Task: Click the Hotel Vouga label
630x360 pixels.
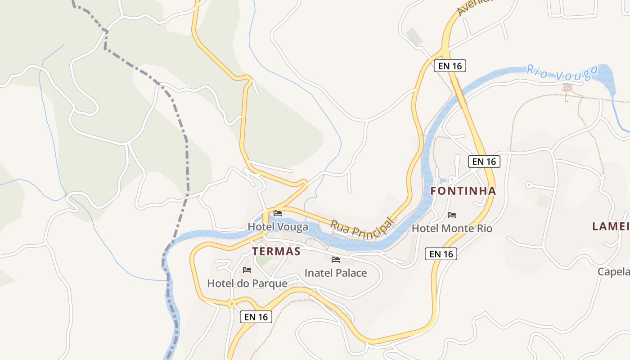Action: coord(278,227)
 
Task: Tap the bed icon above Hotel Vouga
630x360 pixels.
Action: coord(278,213)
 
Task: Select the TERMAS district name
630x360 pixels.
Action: coord(276,251)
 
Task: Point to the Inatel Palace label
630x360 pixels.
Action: coord(336,273)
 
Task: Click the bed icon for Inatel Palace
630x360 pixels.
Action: coord(335,259)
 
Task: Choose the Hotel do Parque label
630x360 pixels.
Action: coord(247,283)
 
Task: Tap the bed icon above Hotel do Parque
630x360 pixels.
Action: coord(247,270)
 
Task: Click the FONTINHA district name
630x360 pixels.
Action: coord(463,191)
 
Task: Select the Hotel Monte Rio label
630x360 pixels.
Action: coord(452,228)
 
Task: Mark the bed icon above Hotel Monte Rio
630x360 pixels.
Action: coord(452,215)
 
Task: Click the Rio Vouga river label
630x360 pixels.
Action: coord(562,73)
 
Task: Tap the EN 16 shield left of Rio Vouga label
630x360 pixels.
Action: coord(450,66)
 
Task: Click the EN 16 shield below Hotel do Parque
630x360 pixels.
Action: coord(256,317)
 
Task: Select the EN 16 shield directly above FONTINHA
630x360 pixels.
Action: coord(484,161)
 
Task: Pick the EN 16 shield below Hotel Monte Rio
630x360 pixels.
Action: coord(441,254)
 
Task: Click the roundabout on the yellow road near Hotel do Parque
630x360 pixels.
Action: coord(232,304)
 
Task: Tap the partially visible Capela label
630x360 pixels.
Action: coord(614,271)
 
